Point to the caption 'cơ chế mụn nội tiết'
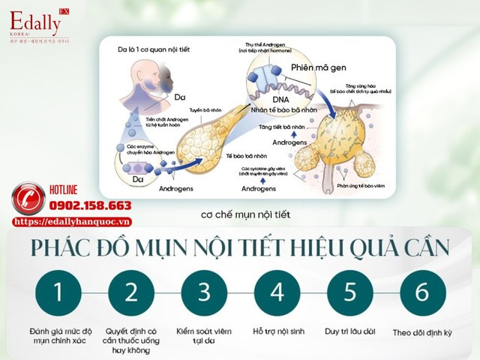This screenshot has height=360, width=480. coord(244,215)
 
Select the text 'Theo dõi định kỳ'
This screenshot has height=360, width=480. coord(422,331)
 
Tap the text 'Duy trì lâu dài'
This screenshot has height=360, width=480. coord(349,330)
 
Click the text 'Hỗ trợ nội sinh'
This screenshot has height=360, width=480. coord(277,330)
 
